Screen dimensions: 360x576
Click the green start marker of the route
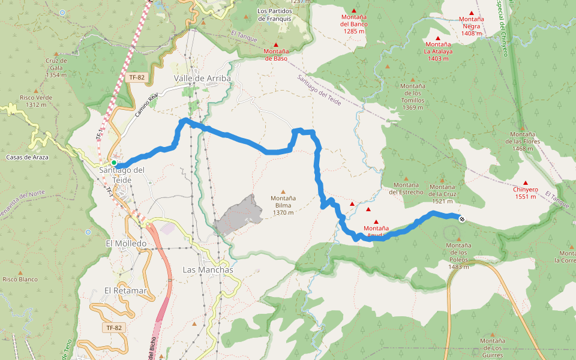pyautogui.click(x=113, y=163)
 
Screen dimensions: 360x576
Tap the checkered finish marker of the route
pyautogui.click(x=462, y=219)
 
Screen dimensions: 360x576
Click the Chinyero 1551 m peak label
pyautogui.click(x=525, y=193)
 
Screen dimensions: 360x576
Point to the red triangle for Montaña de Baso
pyautogui.click(x=276, y=44)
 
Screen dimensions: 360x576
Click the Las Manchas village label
pyautogui.click(x=208, y=270)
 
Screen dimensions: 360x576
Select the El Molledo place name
pyautogui.click(x=126, y=244)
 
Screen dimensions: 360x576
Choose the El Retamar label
pyautogui.click(x=125, y=290)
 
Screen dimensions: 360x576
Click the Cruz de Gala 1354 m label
pyautogui.click(x=56, y=68)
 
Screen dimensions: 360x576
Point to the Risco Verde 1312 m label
pyautogui.click(x=36, y=101)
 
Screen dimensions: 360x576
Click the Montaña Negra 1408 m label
pyautogui.click(x=472, y=26)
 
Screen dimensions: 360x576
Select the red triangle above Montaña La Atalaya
pyautogui.click(x=438, y=38)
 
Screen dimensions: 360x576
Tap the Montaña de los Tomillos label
pyautogui.click(x=413, y=97)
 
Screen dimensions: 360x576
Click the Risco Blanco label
pyautogui.click(x=20, y=279)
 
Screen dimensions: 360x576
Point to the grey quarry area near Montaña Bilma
pyautogui.click(x=239, y=215)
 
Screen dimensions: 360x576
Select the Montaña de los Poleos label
pyautogui.click(x=458, y=256)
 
